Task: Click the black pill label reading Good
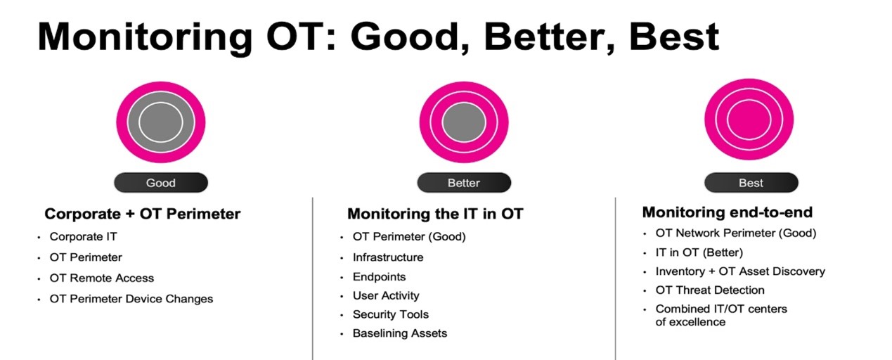(161, 183)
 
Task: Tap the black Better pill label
(464, 183)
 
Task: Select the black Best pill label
(751, 183)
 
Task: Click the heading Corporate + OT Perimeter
(143, 214)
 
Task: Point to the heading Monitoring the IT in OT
(435, 214)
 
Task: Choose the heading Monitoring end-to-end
(728, 212)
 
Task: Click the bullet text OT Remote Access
(101, 278)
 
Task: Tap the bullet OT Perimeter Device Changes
(131, 299)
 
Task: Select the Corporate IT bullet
(83, 236)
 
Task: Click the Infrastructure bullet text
(388, 257)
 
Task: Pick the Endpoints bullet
(379, 277)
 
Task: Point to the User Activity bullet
(386, 295)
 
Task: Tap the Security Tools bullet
(391, 314)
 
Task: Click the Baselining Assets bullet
(400, 333)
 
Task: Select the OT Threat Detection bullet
(710, 290)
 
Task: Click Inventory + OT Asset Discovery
(740, 271)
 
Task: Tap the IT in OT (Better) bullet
(699, 252)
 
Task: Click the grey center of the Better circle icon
(464, 122)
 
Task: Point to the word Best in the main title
(674, 37)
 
